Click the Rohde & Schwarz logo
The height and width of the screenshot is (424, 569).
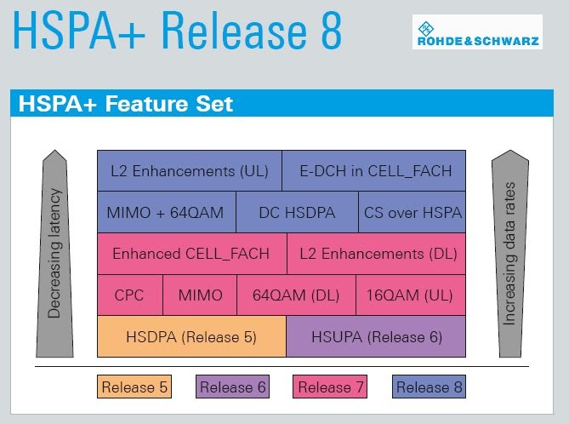477,32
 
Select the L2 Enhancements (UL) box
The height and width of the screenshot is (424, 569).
190,170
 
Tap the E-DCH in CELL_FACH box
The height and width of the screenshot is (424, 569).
373,170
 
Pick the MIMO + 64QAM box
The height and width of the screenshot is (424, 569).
167,212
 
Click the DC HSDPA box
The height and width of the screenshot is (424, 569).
297,212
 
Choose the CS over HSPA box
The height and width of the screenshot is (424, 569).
413,212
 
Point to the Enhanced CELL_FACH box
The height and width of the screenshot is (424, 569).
192,254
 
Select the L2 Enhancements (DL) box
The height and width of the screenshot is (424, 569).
376,254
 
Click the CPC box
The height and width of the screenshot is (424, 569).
130,295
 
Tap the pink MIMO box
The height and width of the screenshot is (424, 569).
200,295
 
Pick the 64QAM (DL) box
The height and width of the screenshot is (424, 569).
297,295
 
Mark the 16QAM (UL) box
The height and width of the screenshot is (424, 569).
411,295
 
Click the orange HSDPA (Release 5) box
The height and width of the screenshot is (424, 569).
191,336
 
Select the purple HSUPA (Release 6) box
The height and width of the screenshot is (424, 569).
376,336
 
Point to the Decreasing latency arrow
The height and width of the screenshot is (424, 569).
54,254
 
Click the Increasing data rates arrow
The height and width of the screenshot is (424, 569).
510,254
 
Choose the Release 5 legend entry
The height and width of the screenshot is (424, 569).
134,387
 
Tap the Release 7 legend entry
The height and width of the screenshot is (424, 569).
330,387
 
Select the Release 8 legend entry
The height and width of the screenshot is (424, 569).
429,387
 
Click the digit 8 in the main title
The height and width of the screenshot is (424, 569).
332,30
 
